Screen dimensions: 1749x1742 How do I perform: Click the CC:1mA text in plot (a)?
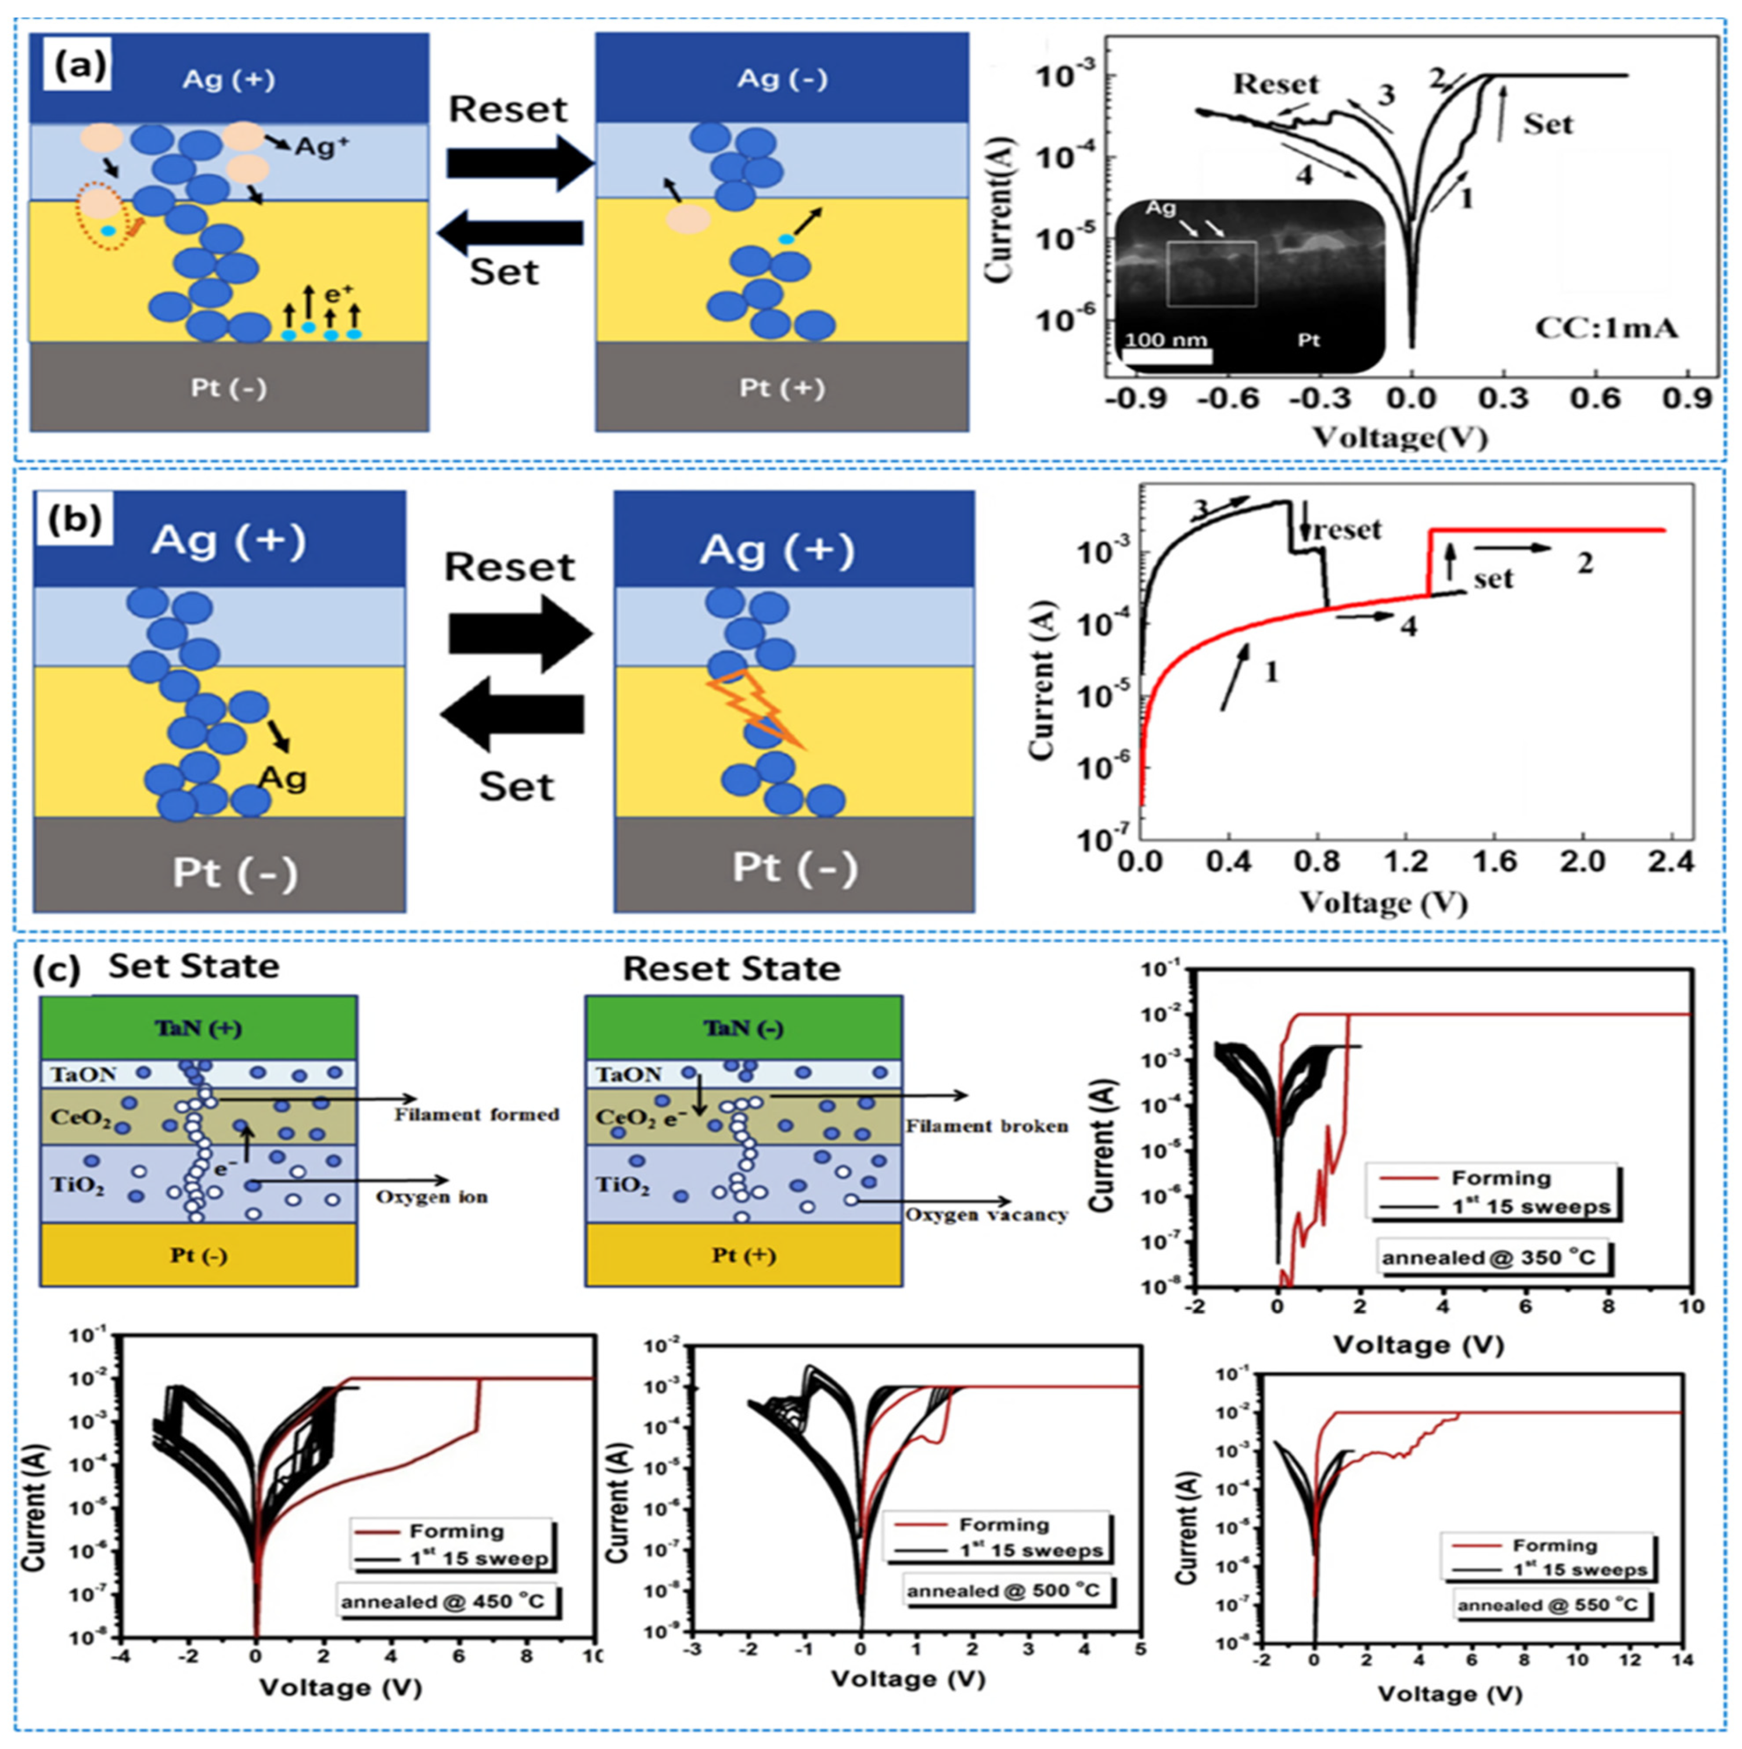(x=1606, y=328)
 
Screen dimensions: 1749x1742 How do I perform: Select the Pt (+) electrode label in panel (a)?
(x=782, y=387)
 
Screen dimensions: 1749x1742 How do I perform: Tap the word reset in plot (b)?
(x=1347, y=529)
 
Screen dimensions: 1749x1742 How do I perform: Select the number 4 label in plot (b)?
(x=1409, y=625)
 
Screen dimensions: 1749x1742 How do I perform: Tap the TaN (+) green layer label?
(x=198, y=1029)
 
